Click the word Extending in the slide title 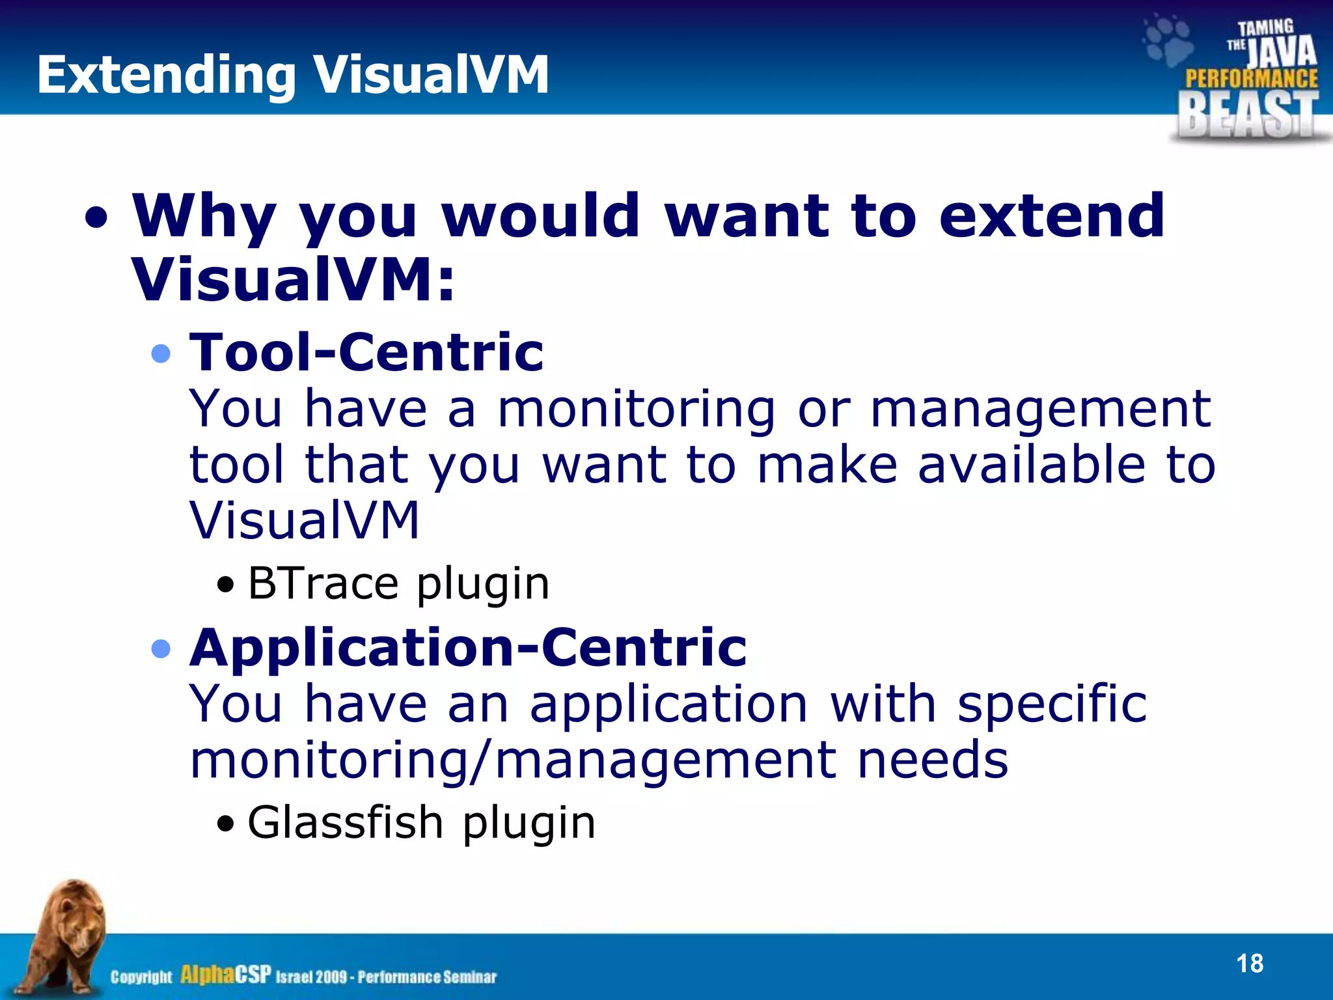coord(167,76)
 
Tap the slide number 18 coord(1249,964)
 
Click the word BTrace coord(323,583)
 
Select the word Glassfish coord(346,822)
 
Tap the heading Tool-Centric coord(366,352)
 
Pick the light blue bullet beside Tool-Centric coord(160,354)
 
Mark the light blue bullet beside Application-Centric coord(160,649)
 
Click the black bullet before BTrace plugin coord(225,585)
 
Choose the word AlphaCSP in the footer coord(225,975)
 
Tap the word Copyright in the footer coord(141,977)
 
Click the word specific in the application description coord(1052,704)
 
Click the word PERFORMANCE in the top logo coord(1251,79)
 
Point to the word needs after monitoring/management coord(932,760)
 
